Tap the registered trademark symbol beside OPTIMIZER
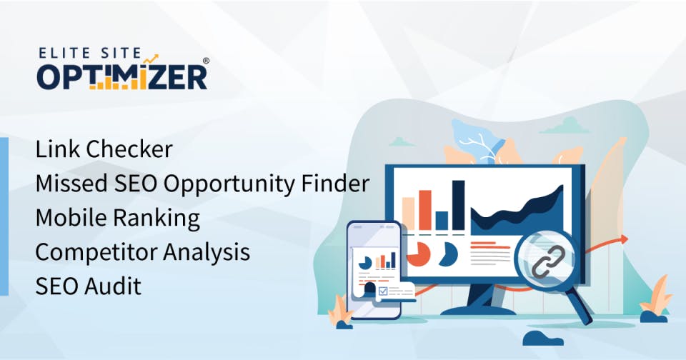(x=206, y=62)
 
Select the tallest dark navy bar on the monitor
(x=458, y=205)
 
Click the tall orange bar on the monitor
(x=425, y=209)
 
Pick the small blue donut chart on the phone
(x=364, y=262)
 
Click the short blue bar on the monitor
(x=442, y=220)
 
